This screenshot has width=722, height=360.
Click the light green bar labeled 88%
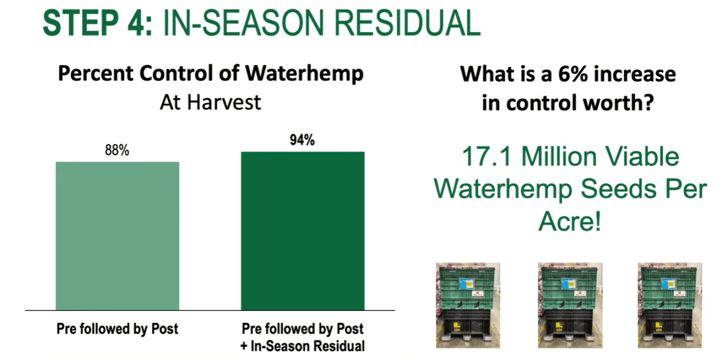tap(117, 236)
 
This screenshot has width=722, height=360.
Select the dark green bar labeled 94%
tap(303, 231)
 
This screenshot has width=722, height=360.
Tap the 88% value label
tap(117, 150)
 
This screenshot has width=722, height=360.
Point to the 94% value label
tap(302, 140)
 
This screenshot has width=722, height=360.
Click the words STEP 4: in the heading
tap(97, 23)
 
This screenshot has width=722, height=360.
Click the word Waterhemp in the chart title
tap(304, 74)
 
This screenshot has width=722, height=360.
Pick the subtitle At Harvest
tap(211, 102)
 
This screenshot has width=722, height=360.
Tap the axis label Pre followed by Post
tap(117, 329)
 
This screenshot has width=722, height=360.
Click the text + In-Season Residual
tap(303, 346)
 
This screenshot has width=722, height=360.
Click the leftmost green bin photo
tap(468, 305)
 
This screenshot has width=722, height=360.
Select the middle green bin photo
tap(570, 305)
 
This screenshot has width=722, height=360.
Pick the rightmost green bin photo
tap(670, 305)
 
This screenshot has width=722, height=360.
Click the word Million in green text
tap(559, 156)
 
